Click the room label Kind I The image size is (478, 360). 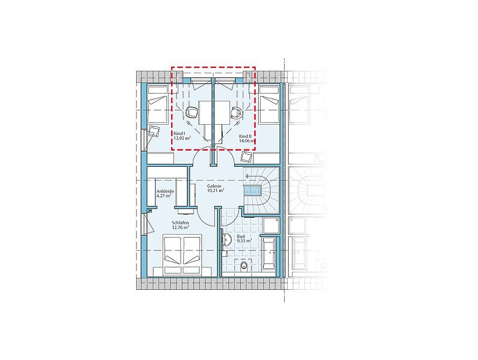[x=179, y=133]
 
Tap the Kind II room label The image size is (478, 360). [x=246, y=136]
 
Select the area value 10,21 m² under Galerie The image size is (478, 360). [x=216, y=190]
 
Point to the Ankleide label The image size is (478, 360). [x=165, y=191]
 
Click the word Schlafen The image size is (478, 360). [x=180, y=223]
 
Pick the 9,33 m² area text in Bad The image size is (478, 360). [x=244, y=241]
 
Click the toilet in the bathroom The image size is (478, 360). [x=244, y=265]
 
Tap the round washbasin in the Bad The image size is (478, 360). [x=226, y=239]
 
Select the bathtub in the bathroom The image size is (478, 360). [x=269, y=253]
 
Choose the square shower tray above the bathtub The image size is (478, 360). [x=271, y=226]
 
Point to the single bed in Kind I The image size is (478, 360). [x=157, y=104]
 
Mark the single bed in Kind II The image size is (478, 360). [x=268, y=104]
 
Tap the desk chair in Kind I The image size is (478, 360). [x=192, y=112]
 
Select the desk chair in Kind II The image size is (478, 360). [x=237, y=112]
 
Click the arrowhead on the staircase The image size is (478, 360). [x=247, y=176]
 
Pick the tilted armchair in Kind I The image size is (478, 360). [x=154, y=131]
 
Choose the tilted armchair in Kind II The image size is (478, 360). [x=247, y=157]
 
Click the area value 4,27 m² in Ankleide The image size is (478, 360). [x=164, y=196]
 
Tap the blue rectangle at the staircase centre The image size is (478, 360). [x=252, y=191]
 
